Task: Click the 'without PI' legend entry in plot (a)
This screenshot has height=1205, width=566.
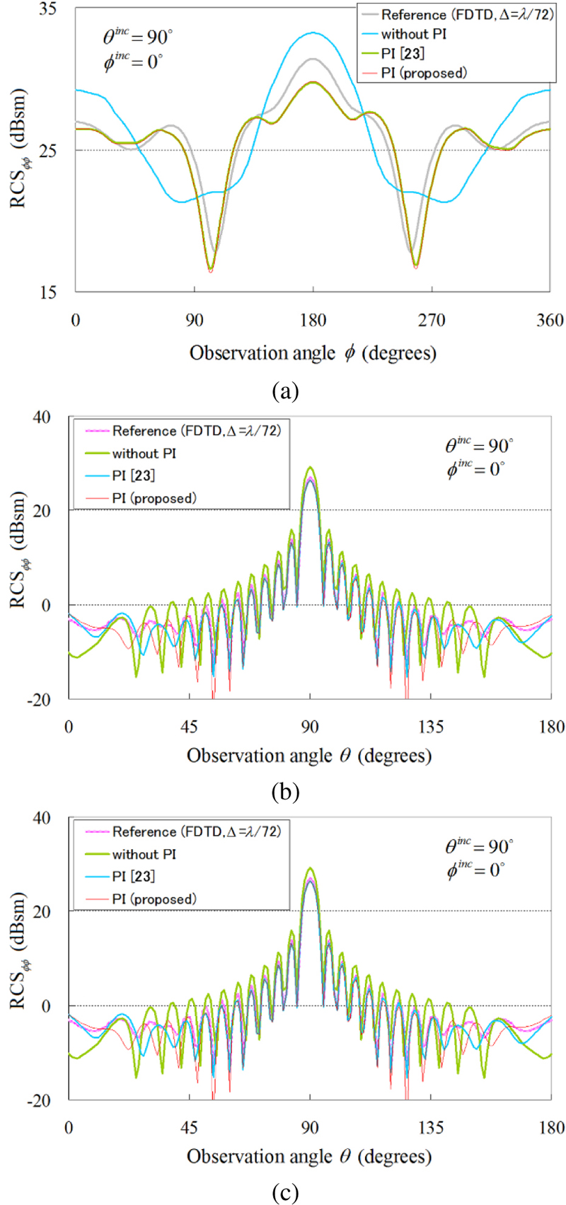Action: click(413, 34)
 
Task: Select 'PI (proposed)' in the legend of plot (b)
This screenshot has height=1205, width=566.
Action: click(154, 498)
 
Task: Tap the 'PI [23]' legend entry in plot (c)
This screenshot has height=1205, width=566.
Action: click(133, 876)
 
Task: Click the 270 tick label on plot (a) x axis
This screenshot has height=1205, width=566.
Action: click(432, 320)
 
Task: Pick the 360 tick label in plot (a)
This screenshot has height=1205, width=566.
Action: click(550, 320)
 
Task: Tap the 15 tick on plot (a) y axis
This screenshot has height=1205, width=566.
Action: click(48, 292)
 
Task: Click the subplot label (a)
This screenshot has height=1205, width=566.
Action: click(285, 391)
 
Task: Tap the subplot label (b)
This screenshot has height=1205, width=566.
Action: click(285, 791)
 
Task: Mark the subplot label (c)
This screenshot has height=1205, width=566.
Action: click(285, 1193)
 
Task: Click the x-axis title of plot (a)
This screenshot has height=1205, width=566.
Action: click(312, 352)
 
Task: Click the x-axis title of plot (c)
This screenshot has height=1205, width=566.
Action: click(309, 1155)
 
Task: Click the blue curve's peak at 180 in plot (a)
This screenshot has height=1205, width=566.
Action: click(313, 33)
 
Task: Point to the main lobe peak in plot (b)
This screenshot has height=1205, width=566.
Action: click(310, 468)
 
